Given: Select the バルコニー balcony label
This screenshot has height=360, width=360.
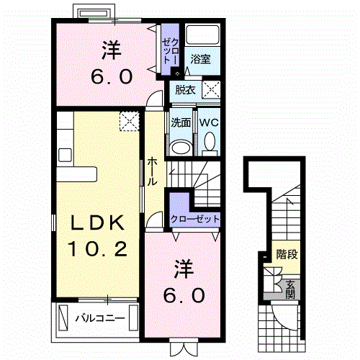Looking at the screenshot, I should [x=100, y=318].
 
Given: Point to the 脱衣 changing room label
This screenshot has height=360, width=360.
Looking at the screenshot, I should [x=182, y=90].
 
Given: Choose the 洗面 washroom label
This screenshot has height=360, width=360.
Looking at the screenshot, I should [x=181, y=122].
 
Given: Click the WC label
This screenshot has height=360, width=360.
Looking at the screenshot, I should [x=209, y=122].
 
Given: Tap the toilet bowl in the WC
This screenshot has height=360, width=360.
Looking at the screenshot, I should [x=210, y=143].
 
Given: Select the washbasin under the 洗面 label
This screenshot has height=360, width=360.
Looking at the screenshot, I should [x=181, y=147].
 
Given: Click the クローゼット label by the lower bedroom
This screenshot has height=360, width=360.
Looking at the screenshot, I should [x=195, y=220].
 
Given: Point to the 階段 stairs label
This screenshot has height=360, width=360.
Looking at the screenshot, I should [x=287, y=254].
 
